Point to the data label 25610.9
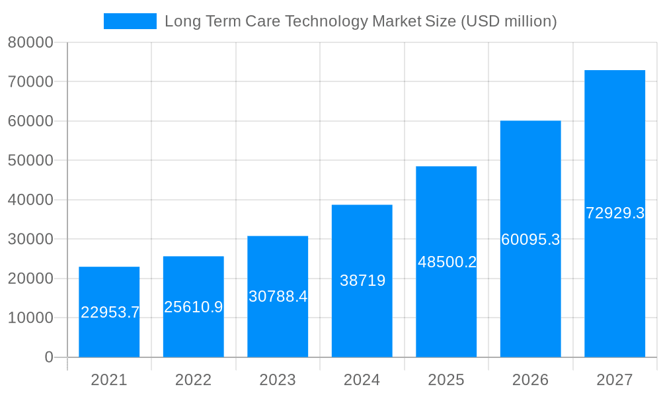(194, 307)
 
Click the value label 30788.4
(278, 296)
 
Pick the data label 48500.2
(447, 262)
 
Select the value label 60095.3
(530, 240)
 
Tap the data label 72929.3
(615, 213)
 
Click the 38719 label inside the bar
(362, 281)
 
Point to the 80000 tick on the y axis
(30, 43)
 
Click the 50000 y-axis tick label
(30, 161)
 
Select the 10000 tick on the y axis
(30, 318)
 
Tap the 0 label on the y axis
(48, 357)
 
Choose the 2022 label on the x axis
(193, 380)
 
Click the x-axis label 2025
(446, 380)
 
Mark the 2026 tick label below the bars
(530, 380)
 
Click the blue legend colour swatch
(130, 21)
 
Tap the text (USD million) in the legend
(508, 21)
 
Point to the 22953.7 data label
(110, 312)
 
